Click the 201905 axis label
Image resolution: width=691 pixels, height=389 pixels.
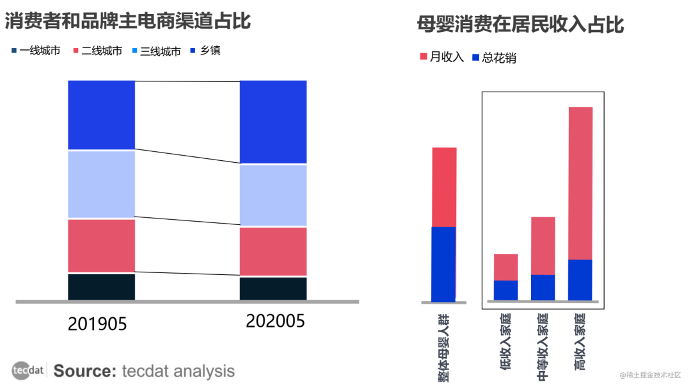tap(97, 324)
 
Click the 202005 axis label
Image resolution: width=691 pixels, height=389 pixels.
tap(275, 321)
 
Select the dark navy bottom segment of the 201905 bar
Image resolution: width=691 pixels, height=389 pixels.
tap(101, 286)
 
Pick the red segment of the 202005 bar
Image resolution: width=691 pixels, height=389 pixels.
tap(273, 251)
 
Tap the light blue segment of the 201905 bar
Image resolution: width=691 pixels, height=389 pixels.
tap(101, 185)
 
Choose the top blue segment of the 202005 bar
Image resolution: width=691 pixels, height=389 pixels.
tap(273, 122)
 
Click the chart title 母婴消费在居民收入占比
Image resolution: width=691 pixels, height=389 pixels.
tap(520, 25)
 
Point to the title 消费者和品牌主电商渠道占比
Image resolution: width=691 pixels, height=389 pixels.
tap(128, 21)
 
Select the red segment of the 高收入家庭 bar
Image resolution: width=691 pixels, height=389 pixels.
tap(580, 183)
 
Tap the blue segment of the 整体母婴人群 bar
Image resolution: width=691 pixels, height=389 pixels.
tap(444, 263)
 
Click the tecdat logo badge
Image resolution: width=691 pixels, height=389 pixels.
tap(28, 370)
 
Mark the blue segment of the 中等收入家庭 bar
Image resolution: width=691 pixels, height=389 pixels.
tap(543, 287)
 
